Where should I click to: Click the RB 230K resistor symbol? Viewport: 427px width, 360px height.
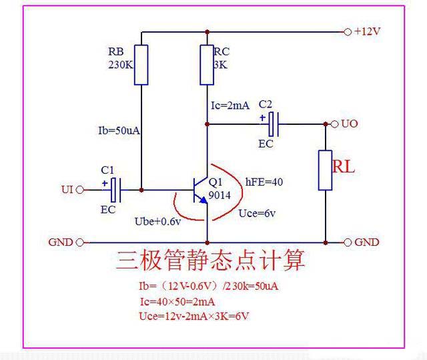tap(141, 65)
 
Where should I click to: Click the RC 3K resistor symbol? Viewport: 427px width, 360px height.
tap(207, 65)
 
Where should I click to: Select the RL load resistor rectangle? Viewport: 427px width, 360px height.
tap(325, 170)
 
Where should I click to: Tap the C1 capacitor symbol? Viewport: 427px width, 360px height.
tap(115, 190)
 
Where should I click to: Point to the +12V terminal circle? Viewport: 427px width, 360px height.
tap(346, 31)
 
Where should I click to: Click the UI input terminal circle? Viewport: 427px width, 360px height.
tap(80, 190)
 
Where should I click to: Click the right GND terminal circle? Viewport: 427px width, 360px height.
tap(347, 242)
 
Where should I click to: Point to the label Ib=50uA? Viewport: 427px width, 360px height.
tap(115, 130)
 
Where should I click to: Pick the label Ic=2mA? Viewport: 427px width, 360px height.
tap(231, 105)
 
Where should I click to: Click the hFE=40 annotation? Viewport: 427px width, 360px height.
tap(264, 181)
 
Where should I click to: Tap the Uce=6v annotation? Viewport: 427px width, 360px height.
tap(257, 213)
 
